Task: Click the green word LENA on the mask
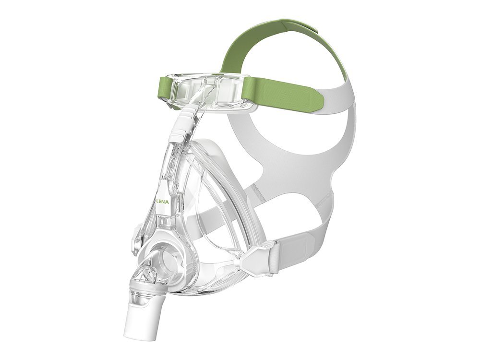point(164,202)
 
